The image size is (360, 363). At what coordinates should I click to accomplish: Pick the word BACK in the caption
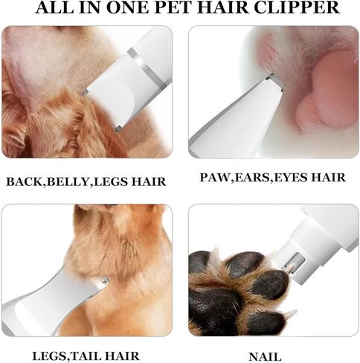[24, 181]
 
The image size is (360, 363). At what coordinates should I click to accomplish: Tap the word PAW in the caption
[215, 178]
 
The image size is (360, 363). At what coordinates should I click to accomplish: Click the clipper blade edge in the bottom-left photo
[102, 282]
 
